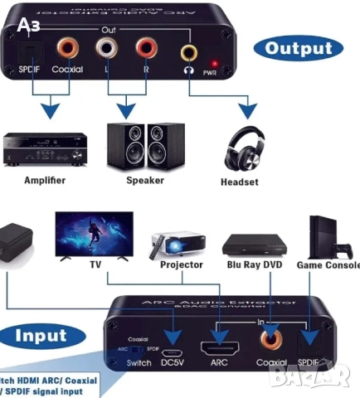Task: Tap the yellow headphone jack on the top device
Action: tap(190, 53)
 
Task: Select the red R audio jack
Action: tap(146, 50)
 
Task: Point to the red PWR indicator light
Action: tap(216, 63)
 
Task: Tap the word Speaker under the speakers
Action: tap(145, 180)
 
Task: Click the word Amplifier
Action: tap(45, 180)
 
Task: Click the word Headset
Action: tap(240, 182)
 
